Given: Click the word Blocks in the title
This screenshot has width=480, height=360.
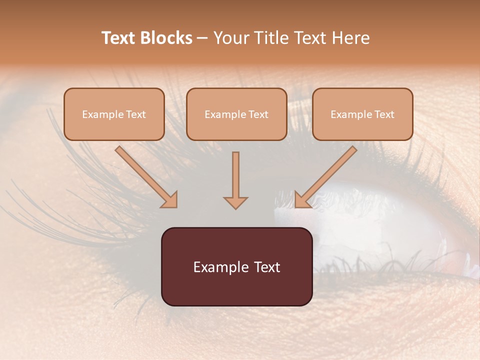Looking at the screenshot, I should click(167, 38).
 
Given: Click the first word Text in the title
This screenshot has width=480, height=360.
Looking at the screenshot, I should click(118, 38).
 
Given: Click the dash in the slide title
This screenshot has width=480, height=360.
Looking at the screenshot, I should click(202, 38).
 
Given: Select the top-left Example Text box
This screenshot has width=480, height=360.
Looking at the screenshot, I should click(114, 114).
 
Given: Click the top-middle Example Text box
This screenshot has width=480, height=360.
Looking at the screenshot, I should click(236, 114).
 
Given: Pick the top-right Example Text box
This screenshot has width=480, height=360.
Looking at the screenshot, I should click(362, 114).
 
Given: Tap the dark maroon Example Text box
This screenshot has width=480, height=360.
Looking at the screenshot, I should click(236, 266).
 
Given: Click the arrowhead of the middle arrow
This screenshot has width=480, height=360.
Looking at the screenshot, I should click(235, 202).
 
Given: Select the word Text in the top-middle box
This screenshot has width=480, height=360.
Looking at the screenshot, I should click(258, 114).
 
